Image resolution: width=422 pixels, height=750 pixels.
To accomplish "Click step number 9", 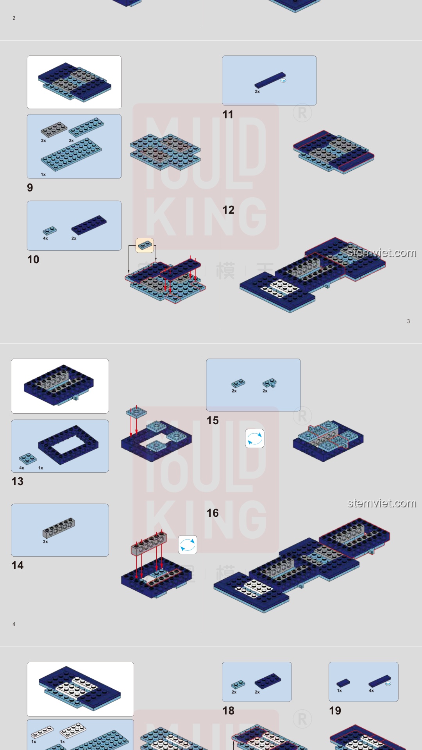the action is (30, 187).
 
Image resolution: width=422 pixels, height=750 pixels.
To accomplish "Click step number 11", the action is (228, 114).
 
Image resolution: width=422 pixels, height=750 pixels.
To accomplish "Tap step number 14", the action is (18, 565).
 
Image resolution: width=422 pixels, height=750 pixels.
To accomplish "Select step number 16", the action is (213, 513).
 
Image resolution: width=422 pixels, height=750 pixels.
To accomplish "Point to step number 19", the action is (335, 711).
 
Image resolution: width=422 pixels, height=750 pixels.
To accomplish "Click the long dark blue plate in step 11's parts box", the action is (270, 80).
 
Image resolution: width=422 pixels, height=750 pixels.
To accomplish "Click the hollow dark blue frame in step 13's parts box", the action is (66, 445).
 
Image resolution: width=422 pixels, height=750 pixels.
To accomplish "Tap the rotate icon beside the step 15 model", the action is (255, 438).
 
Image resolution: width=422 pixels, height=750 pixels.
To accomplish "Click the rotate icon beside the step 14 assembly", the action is (188, 545).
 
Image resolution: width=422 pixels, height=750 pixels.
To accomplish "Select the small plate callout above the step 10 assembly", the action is (145, 245).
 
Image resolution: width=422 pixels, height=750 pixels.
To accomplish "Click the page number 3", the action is (408, 321).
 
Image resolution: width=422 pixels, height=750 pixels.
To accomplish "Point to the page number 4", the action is (14, 624).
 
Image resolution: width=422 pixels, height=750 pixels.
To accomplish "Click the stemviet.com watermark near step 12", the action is (382, 253).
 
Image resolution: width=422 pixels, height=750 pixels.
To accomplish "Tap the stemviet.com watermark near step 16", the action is (382, 503).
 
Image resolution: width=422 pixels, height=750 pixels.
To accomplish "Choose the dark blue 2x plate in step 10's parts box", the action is (89, 225).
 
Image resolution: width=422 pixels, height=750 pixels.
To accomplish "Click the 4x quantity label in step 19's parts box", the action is (371, 691).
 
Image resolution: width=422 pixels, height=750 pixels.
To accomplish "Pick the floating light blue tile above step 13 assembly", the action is (136, 412).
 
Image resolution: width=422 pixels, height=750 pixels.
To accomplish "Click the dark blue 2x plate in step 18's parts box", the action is (268, 681).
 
